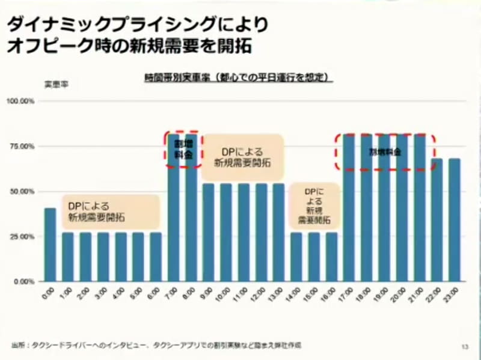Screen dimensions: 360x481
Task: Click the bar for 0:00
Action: click(x=50, y=245)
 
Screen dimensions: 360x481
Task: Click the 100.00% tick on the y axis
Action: click(x=20, y=101)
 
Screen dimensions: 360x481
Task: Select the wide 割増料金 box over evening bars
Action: click(x=385, y=152)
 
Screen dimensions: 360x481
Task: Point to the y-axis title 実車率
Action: click(x=56, y=85)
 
